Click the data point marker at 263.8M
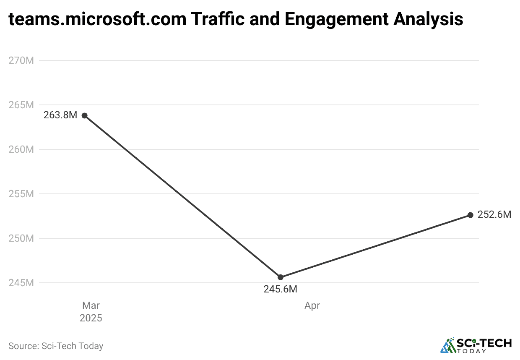[x=84, y=115]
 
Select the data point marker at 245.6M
[x=281, y=277]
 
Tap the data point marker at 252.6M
[x=471, y=215]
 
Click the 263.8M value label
[x=60, y=115]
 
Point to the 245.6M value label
[x=280, y=289]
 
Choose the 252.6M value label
[x=494, y=215]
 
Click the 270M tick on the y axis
[x=21, y=60]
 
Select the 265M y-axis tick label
[x=21, y=105]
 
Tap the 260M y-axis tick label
[x=21, y=149]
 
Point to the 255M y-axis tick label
[x=21, y=194]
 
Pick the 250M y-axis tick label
[x=21, y=238]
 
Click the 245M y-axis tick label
[x=21, y=283]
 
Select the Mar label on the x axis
[x=91, y=305]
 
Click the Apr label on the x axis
[x=312, y=305]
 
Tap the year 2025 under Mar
[x=91, y=318]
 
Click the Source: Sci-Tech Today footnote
[x=56, y=346]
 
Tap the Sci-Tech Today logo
[x=476, y=345]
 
